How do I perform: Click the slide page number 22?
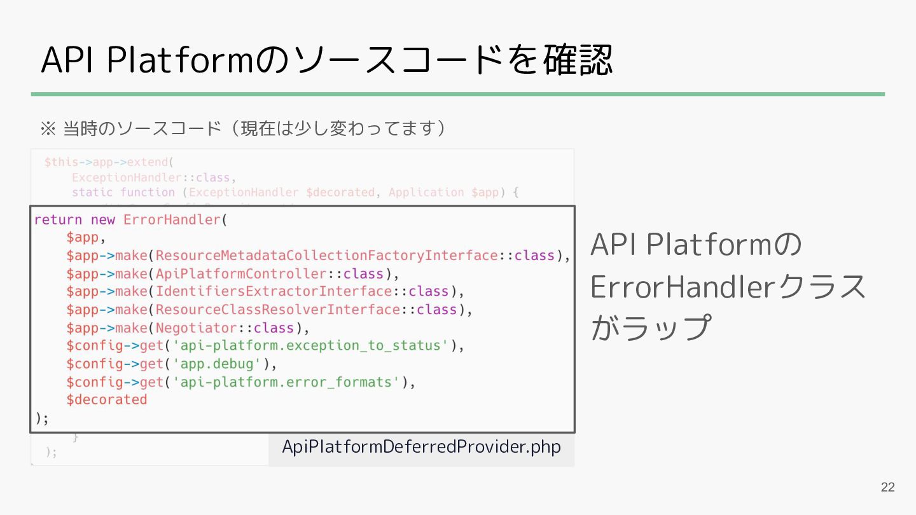coord(887,488)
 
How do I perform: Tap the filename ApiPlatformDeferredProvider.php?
coord(421,447)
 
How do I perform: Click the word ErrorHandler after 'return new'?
coord(171,220)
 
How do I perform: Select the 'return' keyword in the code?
coord(58,220)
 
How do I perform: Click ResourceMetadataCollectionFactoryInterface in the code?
coord(326,256)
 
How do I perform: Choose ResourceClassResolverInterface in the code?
coord(278,310)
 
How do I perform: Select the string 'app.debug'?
coord(218,364)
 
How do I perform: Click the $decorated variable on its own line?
coord(106,400)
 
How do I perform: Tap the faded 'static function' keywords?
coord(123,192)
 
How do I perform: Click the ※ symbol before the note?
coord(48,129)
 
